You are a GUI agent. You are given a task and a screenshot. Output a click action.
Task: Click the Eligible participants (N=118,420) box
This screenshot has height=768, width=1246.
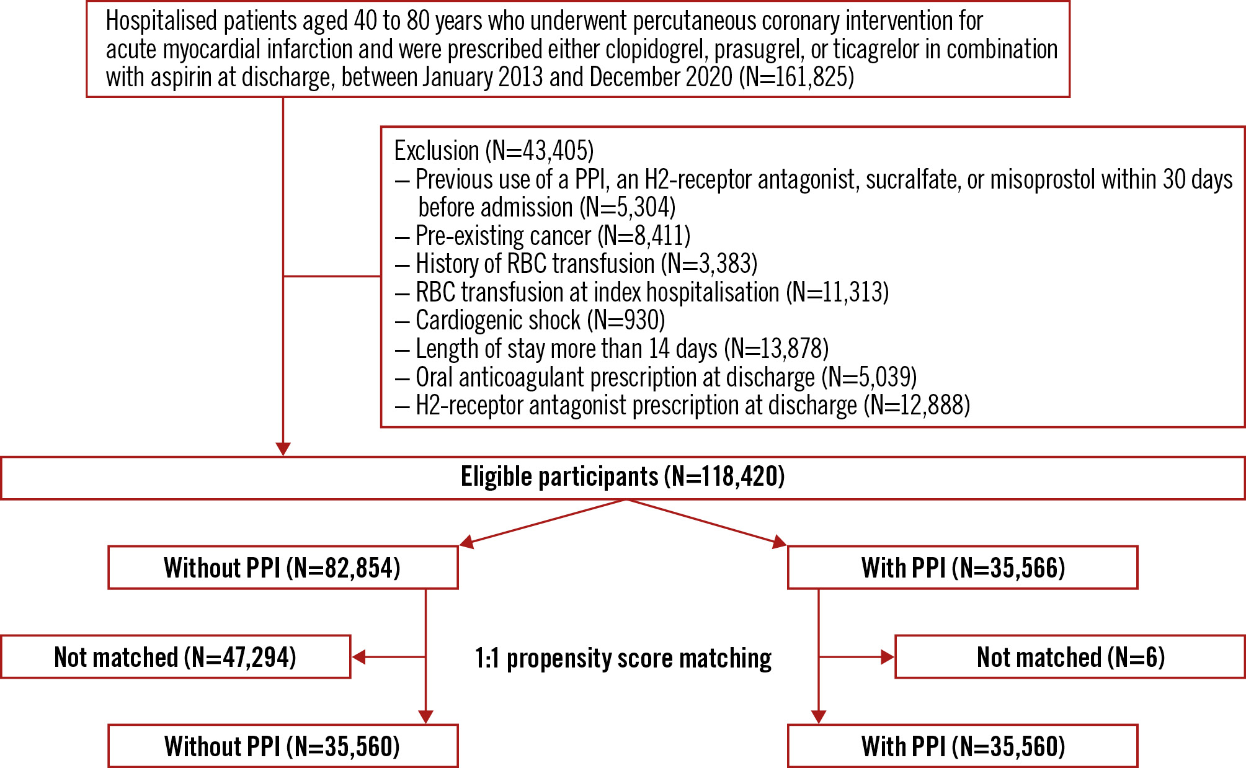click(x=623, y=478)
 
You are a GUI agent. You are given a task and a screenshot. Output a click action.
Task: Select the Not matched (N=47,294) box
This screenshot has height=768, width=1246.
click(x=176, y=657)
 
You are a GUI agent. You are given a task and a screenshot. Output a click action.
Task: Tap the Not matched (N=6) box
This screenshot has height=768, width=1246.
click(x=1070, y=657)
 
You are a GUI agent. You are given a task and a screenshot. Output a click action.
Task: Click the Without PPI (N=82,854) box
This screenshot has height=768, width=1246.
click(x=283, y=568)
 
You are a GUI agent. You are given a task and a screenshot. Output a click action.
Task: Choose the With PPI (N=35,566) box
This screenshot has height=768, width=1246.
click(x=963, y=568)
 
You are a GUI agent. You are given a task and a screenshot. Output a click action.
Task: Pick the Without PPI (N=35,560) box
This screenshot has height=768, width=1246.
click(x=283, y=746)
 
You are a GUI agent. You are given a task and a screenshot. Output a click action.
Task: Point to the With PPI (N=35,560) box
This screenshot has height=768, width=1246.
click(x=963, y=746)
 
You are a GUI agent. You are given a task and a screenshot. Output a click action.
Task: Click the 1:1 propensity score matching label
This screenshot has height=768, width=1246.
click(x=623, y=658)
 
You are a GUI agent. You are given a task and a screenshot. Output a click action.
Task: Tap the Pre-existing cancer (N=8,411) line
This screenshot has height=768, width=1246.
click(x=552, y=236)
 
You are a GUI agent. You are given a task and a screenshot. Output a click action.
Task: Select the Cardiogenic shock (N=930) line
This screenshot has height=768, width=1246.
click(x=540, y=321)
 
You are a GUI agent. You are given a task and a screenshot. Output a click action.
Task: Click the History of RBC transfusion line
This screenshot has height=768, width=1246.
click(x=586, y=264)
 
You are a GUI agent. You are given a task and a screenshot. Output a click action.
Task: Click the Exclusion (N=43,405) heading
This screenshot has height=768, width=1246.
click(x=494, y=151)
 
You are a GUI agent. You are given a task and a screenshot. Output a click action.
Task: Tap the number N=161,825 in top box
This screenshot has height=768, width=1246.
click(x=796, y=78)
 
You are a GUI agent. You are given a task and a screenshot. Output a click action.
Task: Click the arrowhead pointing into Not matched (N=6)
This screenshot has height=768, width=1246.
click(x=888, y=657)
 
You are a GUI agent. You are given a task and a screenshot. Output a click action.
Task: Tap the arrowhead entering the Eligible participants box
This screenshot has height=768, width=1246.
click(x=283, y=449)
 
